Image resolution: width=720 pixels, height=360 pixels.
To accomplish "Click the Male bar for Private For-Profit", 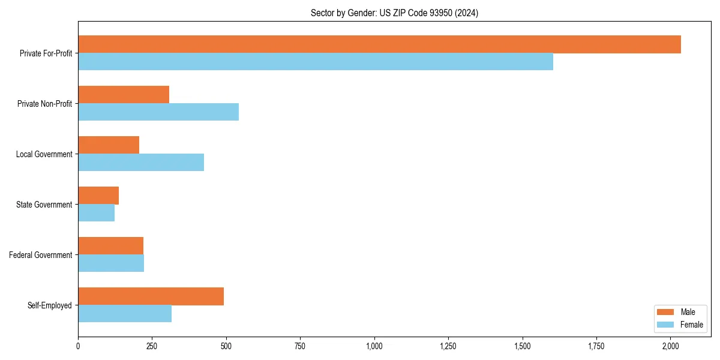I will tap(379, 44).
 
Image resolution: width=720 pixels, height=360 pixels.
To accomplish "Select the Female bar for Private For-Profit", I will tap(316, 62).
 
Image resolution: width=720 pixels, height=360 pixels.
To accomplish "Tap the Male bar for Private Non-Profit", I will tap(124, 95).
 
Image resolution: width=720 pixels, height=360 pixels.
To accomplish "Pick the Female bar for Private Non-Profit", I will tap(158, 112).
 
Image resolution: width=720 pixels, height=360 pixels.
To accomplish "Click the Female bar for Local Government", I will tap(141, 163).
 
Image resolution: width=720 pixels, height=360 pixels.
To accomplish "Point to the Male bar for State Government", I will tap(98, 196).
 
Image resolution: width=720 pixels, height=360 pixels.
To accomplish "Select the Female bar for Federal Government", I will tap(111, 263).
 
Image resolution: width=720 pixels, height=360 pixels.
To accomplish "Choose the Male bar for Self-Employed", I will tap(151, 296).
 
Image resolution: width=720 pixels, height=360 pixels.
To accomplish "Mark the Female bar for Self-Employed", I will tap(125, 314).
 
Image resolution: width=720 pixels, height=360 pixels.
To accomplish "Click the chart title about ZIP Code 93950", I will tap(394, 13).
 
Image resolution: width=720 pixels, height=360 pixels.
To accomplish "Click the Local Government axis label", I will tap(44, 154).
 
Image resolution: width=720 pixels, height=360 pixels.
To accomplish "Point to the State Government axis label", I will tap(44, 205).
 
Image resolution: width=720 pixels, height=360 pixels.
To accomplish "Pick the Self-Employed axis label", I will tap(49, 305).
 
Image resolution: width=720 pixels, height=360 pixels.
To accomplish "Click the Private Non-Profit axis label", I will tap(44, 104).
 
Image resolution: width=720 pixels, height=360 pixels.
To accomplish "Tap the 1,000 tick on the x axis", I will tap(374, 346).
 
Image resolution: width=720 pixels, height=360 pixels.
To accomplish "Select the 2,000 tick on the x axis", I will tap(671, 346).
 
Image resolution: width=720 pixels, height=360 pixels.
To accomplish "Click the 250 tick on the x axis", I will tap(152, 346).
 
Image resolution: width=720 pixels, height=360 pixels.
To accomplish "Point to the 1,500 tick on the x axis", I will tap(523, 346).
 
